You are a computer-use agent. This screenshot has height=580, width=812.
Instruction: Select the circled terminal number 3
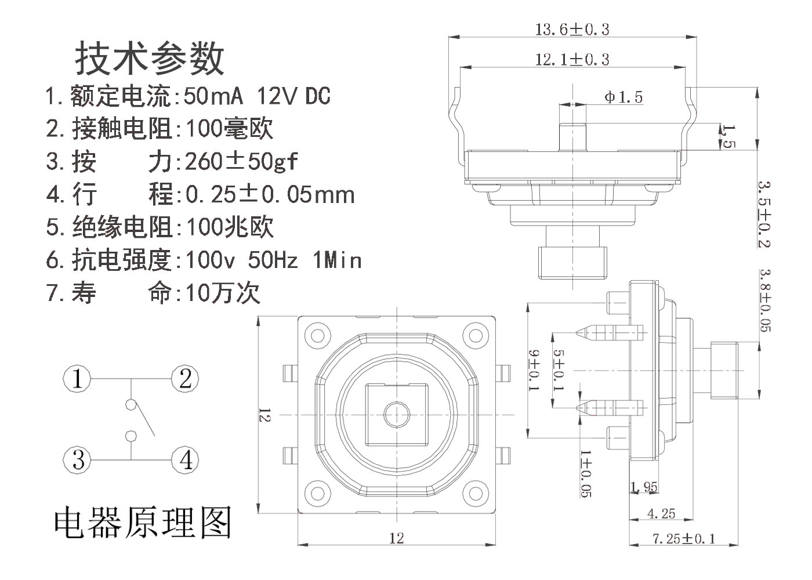tap(78, 460)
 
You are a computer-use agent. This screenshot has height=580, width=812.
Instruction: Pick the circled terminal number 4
tap(185, 460)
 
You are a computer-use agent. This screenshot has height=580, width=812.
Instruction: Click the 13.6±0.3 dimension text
tap(572, 29)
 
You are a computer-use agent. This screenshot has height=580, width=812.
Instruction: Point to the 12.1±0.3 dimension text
tap(572, 59)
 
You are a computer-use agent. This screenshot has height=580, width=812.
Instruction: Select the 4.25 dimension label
tap(661, 513)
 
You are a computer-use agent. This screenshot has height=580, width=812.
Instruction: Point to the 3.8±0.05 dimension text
tap(766, 300)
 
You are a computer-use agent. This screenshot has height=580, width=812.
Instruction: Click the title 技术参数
tap(150, 58)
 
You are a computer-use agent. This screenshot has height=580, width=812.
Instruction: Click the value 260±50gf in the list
tap(241, 162)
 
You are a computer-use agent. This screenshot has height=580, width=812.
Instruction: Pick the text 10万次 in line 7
tap(223, 293)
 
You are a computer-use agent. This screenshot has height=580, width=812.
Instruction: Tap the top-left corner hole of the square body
tap(317, 335)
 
